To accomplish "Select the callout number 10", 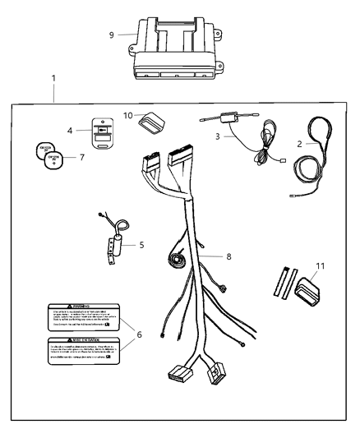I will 127,115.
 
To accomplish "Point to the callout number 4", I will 69,129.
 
